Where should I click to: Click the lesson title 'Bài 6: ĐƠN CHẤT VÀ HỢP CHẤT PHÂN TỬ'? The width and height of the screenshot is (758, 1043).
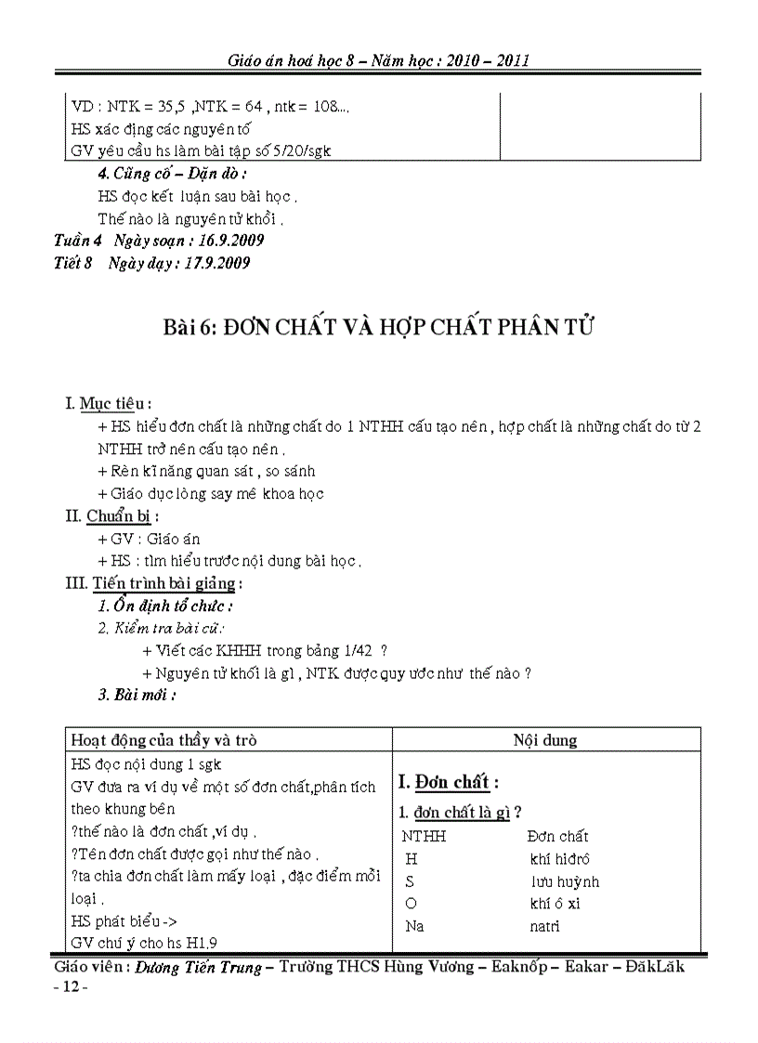pyautogui.click(x=379, y=328)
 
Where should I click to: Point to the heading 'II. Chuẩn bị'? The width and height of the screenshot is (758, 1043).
pyautogui.click(x=111, y=516)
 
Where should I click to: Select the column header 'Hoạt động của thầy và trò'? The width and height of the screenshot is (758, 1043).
pyautogui.click(x=163, y=740)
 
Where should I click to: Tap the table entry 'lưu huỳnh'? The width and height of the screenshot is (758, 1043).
pyautogui.click(x=565, y=881)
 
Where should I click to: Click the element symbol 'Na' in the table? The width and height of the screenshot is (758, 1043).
pyautogui.click(x=414, y=926)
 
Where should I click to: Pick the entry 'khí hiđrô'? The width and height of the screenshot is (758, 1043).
pyautogui.click(x=559, y=859)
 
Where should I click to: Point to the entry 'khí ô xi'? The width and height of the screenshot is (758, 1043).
pyautogui.click(x=555, y=904)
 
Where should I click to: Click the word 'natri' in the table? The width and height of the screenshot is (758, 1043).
pyautogui.click(x=544, y=926)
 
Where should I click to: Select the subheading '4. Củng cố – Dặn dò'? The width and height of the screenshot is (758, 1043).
pyautogui.click(x=172, y=173)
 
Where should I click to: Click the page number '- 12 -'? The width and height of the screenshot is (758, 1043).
pyautogui.click(x=72, y=987)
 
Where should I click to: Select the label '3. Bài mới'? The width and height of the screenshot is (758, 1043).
pyautogui.click(x=137, y=695)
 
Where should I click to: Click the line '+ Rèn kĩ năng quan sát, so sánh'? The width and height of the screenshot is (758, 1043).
pyautogui.click(x=206, y=472)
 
